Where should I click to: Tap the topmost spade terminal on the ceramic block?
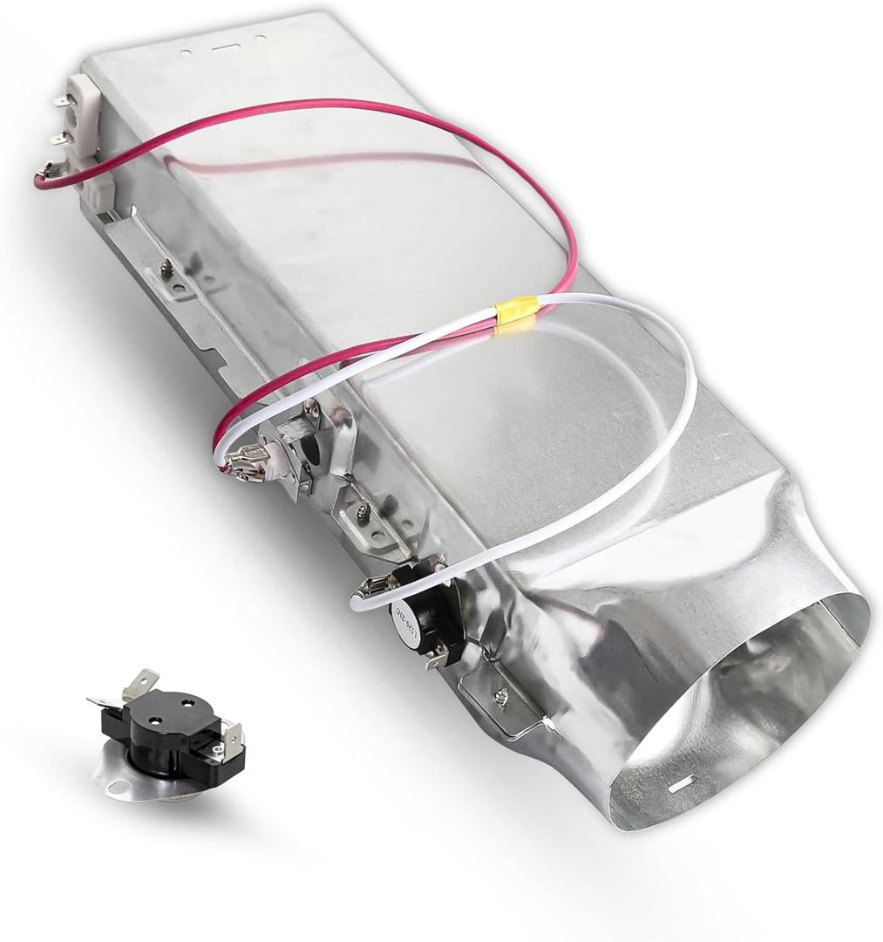64,101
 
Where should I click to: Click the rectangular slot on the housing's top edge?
223,44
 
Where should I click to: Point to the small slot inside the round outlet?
679,785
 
